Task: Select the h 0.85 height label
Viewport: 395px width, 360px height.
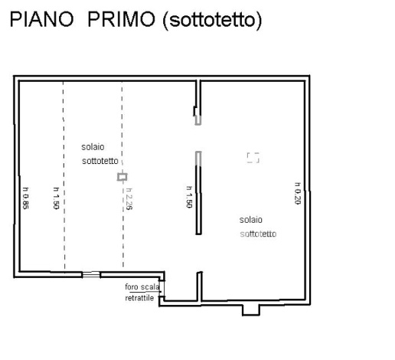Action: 25,198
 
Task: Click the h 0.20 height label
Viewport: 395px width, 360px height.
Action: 296,193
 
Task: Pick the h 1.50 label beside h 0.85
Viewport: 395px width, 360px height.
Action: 56,198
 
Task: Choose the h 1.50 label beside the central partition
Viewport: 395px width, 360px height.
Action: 189,196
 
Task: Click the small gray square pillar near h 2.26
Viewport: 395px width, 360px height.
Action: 122,177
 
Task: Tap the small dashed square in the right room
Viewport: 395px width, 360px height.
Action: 253,157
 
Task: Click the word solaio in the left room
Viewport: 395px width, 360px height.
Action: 93,146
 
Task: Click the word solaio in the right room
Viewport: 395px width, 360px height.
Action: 250,219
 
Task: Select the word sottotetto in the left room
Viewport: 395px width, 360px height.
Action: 100,161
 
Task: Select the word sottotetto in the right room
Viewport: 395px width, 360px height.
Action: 258,234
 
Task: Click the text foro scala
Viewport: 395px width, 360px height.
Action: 142,287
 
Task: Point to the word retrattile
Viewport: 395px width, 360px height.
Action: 139,297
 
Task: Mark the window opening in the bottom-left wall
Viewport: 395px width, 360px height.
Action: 91,275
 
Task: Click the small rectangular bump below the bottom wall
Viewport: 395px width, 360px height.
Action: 250,309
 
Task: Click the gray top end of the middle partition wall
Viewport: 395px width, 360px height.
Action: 198,158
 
